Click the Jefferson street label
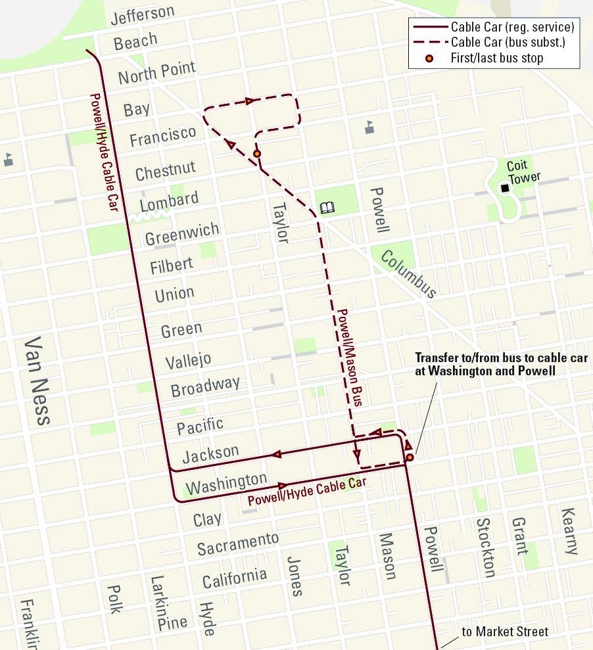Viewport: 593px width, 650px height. tap(143, 14)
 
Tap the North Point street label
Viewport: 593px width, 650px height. tap(156, 72)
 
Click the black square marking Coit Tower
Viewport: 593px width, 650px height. tap(505, 189)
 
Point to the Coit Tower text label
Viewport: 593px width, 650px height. tap(523, 172)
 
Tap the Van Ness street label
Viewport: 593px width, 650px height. tap(37, 381)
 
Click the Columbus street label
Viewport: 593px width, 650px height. tap(408, 273)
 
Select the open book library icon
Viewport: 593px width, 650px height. tap(327, 208)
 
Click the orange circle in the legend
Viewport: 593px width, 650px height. tap(429, 58)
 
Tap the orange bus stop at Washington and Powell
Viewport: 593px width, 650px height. tap(409, 457)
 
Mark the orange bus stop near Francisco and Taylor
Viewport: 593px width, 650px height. tap(257, 154)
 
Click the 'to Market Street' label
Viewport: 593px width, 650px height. tap(504, 632)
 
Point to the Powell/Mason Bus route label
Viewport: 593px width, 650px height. tap(350, 356)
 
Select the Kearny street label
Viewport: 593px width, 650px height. tap(569, 530)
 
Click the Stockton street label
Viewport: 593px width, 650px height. tap(485, 547)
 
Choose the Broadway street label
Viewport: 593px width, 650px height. tap(205, 386)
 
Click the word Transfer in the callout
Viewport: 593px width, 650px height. tap(437, 358)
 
